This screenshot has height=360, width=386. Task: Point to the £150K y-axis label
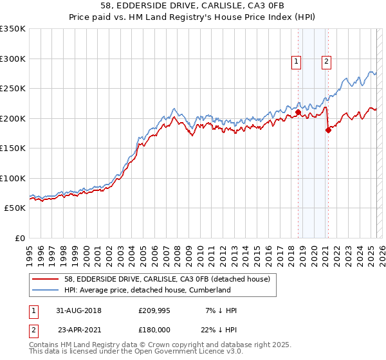(13, 148)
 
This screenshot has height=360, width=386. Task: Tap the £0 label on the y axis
(19, 239)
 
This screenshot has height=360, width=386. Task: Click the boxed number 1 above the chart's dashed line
(296, 62)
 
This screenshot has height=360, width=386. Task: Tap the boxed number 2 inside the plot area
(326, 62)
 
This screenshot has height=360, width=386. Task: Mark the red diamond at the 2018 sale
(298, 112)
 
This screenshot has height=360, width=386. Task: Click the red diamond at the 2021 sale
(328, 130)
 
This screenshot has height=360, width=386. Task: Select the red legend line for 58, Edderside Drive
(46, 278)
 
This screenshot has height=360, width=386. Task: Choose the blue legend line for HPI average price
(46, 290)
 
